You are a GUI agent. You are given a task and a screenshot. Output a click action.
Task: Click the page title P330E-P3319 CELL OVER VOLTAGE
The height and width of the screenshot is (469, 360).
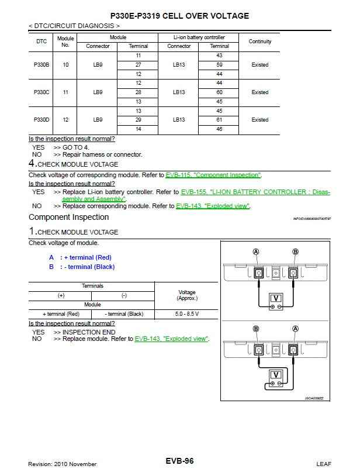(179, 16)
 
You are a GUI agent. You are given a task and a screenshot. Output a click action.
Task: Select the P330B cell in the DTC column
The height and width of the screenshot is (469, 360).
(41, 65)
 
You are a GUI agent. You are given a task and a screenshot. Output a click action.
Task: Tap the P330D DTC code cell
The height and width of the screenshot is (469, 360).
(41, 120)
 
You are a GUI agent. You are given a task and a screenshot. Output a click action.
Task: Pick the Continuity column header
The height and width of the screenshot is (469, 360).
(259, 42)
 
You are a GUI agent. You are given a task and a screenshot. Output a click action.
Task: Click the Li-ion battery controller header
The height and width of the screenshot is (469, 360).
(199, 37)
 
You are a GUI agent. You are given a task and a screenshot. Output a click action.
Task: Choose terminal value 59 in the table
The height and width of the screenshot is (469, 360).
(219, 65)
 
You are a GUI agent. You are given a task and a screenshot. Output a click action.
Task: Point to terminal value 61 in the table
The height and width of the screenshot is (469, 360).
(219, 120)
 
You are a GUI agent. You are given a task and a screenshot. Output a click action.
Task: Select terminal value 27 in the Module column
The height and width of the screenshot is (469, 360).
(138, 65)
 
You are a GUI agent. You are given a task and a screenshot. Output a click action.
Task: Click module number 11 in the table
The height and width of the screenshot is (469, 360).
(65, 92)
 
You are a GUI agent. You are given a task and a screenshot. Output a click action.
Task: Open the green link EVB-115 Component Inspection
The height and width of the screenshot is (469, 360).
(213, 175)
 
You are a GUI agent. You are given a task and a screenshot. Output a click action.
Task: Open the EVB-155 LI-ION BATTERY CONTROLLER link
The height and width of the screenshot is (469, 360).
(255, 192)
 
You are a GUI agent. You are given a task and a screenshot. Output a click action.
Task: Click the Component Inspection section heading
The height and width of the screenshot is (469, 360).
(69, 218)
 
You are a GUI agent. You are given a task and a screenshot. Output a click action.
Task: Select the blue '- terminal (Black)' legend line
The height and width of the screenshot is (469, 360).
(82, 267)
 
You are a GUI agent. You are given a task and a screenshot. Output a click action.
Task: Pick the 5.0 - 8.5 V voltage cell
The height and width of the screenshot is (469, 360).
(186, 314)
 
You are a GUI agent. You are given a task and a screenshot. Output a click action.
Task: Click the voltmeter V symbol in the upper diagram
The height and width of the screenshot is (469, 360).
(275, 298)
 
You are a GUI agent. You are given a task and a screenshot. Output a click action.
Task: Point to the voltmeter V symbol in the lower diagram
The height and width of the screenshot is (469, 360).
(275, 375)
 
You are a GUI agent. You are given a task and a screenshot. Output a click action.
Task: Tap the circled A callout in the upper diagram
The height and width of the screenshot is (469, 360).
(255, 252)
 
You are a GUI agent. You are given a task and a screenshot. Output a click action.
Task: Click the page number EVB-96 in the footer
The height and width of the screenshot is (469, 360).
(179, 461)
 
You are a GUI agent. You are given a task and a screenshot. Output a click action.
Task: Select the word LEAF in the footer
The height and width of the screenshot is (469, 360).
(323, 464)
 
